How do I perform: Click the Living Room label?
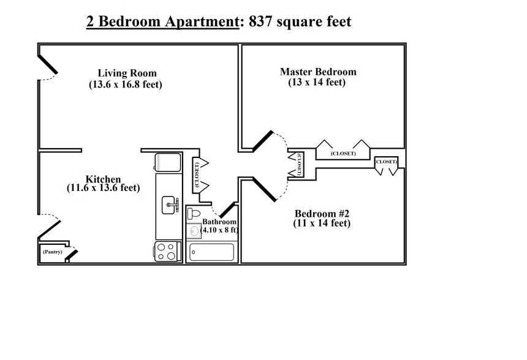pos(127,73)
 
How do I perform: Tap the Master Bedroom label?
pos(318,72)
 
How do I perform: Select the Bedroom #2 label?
pos(322,214)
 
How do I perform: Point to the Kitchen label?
pos(103,179)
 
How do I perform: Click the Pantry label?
pos(53,252)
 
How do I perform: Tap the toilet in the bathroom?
pos(193,213)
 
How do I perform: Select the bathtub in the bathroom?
pos(212,252)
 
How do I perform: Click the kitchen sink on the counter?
pos(170,205)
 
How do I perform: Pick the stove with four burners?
pos(168,252)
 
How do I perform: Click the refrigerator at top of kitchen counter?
pos(168,162)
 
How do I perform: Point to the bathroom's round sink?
pos(194,231)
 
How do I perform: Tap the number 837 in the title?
pos(260,22)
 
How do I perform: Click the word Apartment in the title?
pos(202,22)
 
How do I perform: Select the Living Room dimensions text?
pos(126,84)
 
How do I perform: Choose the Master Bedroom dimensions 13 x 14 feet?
pos(317,82)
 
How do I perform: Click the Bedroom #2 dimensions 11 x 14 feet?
pos(322,223)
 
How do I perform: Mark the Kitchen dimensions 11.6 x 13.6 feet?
pos(103,187)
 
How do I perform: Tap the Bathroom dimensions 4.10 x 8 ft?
pos(219,230)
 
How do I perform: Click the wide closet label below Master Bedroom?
pos(343,154)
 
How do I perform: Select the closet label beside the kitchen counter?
pos(197,174)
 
